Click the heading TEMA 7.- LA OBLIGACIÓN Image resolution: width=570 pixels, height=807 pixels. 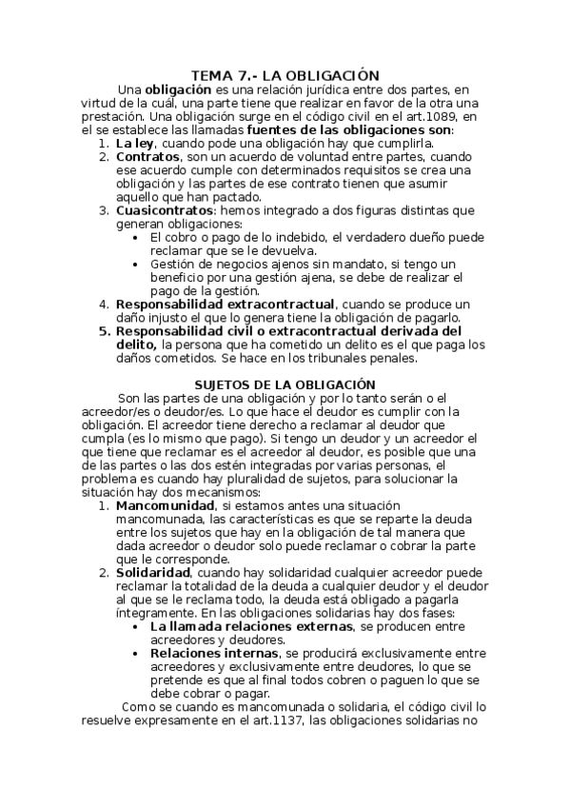[285, 75]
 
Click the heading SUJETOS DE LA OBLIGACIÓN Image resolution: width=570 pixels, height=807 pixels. [285, 384]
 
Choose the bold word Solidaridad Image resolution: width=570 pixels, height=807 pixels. [153, 574]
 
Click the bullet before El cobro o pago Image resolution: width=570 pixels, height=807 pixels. [140, 237]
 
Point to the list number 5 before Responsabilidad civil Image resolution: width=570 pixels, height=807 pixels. [104, 331]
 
